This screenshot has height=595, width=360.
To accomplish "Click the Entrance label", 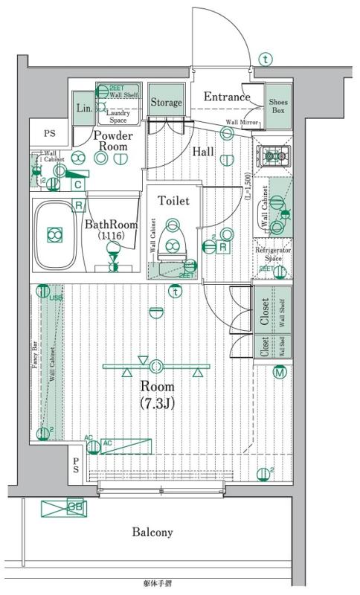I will pyautogui.click(x=227, y=97).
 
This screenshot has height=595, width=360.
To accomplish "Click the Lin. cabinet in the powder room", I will pyautogui.click(x=83, y=108).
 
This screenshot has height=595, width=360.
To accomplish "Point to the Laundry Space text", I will pyautogui.click(x=118, y=115).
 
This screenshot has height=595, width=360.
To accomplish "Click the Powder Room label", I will pyautogui.click(x=113, y=141).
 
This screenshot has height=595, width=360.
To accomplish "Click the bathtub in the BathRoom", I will pyautogui.click(x=55, y=234).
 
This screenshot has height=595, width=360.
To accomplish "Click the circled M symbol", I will pyautogui.click(x=280, y=373).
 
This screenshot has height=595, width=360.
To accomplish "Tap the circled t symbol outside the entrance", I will pyautogui.click(x=266, y=59).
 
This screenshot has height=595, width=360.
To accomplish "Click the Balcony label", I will pyautogui.click(x=152, y=532).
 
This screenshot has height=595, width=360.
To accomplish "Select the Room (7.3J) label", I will pyautogui.click(x=157, y=395).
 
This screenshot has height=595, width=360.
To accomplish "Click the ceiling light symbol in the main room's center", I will pyautogui.click(x=157, y=366).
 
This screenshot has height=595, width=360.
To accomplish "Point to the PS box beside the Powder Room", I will pyautogui.click(x=49, y=134).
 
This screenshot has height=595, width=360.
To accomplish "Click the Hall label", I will pyautogui.click(x=203, y=152).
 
